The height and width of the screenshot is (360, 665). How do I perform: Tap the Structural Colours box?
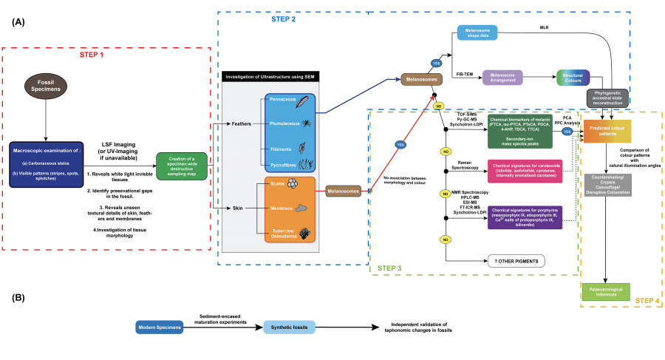(573, 77)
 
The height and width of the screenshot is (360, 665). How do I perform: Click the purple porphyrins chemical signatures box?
(523, 216)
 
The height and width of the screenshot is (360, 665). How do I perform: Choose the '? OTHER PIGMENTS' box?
(515, 260)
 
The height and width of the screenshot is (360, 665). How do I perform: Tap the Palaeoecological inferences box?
(606, 293)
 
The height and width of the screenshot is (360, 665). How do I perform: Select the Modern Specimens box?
(159, 327)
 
